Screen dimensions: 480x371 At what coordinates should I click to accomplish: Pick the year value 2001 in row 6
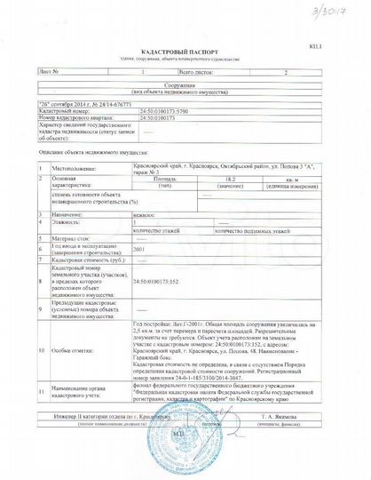(x=138, y=250)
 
